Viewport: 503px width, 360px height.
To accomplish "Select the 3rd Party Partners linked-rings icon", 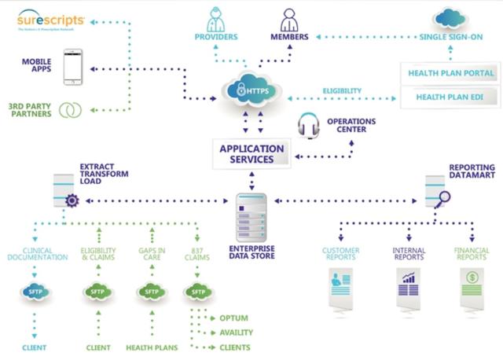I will [72, 109].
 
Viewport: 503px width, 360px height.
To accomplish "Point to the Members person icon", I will [288, 18].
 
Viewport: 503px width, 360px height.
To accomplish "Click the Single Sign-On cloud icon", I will [450, 17].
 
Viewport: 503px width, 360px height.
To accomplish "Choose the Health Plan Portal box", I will [450, 73].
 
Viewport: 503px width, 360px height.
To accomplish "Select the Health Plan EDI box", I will [450, 97].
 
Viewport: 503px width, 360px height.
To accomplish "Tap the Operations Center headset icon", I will [308, 126].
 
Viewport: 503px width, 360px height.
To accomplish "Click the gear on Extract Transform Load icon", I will [72, 201].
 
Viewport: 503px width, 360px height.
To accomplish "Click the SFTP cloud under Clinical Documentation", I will [35, 292].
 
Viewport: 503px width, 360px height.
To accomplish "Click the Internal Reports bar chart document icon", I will [408, 284].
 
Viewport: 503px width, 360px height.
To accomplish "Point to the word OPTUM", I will [235, 318].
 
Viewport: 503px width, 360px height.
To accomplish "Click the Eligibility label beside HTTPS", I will [342, 91].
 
